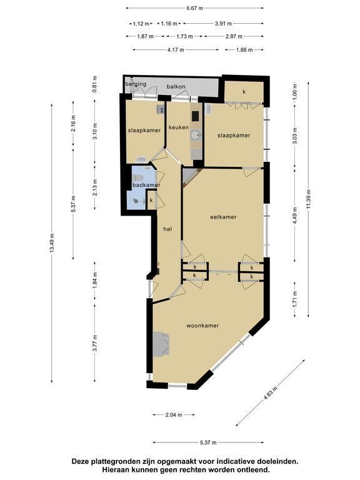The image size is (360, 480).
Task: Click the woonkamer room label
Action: tap(202, 326)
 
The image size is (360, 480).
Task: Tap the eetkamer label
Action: tap(224, 217)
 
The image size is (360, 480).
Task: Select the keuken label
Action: tap(179, 127)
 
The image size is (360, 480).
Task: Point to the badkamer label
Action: tap(146, 185)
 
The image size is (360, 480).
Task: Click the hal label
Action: tap(167, 229)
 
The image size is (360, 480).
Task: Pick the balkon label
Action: tap(176, 87)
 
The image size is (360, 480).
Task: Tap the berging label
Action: tap(136, 84)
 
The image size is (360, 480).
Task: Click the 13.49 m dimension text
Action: tap(52, 242)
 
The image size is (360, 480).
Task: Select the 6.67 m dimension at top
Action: tap(195, 8)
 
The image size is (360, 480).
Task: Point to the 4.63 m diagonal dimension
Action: tap(270, 393)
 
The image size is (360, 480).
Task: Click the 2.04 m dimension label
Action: tap(174, 415)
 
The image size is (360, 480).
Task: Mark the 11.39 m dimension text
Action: tap(308, 199)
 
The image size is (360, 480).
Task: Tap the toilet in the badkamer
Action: tap(137, 177)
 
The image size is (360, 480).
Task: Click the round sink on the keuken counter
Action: tap(195, 135)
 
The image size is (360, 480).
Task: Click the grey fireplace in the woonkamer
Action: tap(161, 344)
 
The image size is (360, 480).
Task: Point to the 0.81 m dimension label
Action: tap(95, 84)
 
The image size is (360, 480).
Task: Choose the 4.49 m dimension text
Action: tap(295, 216)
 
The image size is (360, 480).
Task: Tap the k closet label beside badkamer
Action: tap(151, 200)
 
